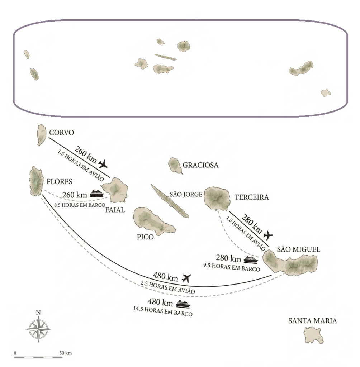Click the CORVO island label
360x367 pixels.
(x=62, y=133)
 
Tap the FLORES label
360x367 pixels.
(x=60, y=181)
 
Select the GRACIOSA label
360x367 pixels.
(x=200, y=165)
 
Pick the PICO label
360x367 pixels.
(x=145, y=237)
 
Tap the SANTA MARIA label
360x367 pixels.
(x=313, y=321)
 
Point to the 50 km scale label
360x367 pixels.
(x=66, y=353)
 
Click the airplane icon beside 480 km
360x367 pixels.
(x=186, y=277)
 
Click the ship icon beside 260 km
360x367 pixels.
(x=96, y=194)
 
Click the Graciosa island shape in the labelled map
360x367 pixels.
(x=175, y=165)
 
